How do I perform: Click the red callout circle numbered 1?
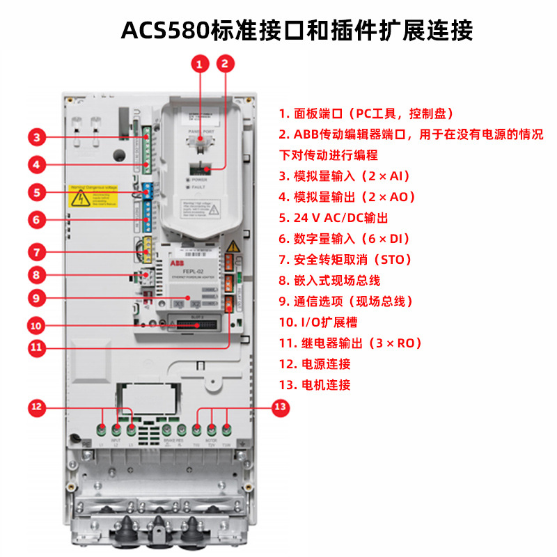[200, 65]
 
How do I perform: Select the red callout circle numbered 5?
[39, 192]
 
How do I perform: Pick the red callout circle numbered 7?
[39, 251]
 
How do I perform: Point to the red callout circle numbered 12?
[38, 407]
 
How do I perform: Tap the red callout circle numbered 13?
[280, 407]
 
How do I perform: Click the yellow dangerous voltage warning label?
[93, 198]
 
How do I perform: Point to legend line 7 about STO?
[345, 260]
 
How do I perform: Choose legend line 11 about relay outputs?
[350, 343]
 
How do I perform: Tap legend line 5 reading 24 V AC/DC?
[334, 218]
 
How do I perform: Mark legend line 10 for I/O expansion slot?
[324, 322]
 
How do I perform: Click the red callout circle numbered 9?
[39, 297]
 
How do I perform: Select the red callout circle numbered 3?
[39, 136]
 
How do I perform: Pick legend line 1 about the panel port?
[366, 113]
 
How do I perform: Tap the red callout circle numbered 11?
[39, 346]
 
